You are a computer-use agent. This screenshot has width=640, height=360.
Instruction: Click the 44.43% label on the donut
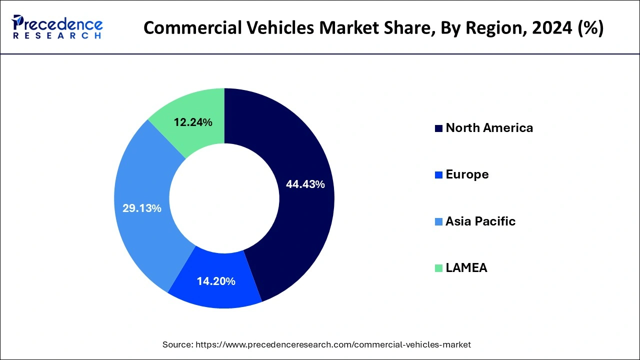tap(305, 184)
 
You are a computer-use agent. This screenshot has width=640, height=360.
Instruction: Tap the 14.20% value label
tap(216, 281)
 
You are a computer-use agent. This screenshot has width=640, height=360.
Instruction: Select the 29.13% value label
tap(142, 208)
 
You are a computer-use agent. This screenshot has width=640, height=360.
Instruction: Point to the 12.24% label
tap(193, 122)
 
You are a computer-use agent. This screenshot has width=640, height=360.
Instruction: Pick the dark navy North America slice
tap(305, 220)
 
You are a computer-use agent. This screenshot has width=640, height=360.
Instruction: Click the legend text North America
tap(489, 128)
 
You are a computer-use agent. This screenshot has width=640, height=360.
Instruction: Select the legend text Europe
tap(467, 174)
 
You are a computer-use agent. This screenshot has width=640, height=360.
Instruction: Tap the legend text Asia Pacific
tap(480, 221)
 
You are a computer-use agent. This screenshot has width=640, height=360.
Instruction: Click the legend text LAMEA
tap(466, 268)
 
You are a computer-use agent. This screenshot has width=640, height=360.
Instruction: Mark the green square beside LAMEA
tap(438, 268)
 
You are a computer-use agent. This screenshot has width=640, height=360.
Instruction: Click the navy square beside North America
tap(438, 128)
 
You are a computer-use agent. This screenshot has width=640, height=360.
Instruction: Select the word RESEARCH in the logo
tap(57, 36)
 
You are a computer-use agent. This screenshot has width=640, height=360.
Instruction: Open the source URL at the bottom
tap(332, 344)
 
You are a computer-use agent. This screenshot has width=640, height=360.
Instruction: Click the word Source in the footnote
tap(177, 344)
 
